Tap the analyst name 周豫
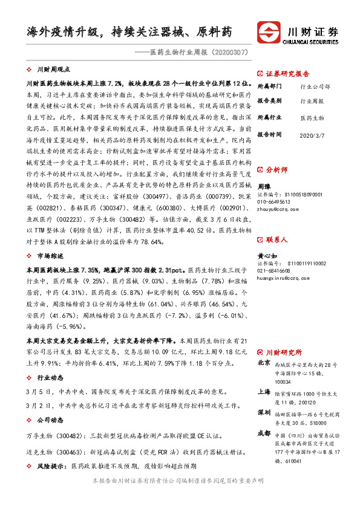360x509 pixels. point(264,187)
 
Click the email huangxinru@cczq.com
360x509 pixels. point(284,277)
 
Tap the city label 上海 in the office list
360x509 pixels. point(264,392)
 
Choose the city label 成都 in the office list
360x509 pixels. point(264,433)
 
